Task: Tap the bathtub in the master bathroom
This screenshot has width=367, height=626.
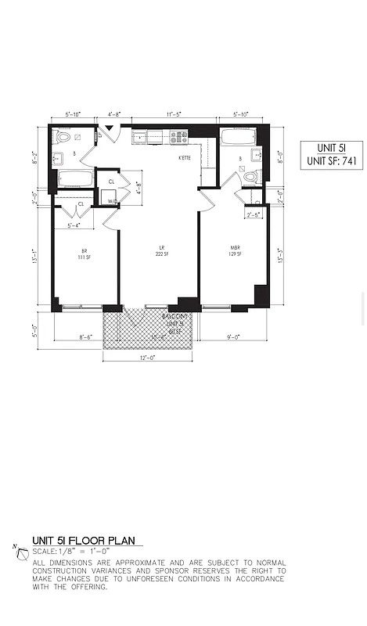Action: point(236,138)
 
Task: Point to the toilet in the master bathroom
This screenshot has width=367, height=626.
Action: point(251,176)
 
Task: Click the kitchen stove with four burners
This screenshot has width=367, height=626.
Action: point(179,137)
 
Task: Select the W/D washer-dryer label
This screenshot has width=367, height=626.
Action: point(113,200)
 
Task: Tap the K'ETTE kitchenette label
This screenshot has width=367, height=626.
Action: point(185,158)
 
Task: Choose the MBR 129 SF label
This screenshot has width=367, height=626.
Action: point(234,252)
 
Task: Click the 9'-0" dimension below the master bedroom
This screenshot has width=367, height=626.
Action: point(232,337)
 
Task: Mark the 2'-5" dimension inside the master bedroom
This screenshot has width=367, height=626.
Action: point(254,215)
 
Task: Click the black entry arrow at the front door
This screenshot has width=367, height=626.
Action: point(110,128)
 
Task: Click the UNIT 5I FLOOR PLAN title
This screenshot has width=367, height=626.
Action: point(83,541)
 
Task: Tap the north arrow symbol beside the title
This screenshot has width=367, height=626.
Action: point(20,552)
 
